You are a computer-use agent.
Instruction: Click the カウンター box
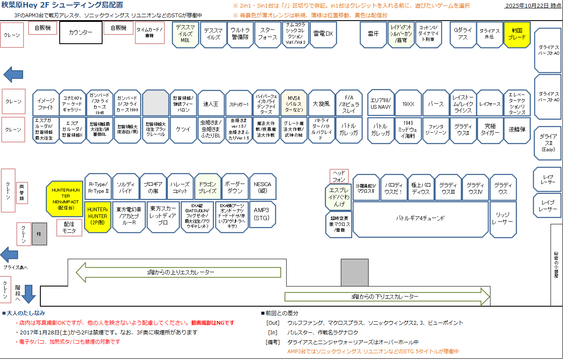click(x=81, y=33)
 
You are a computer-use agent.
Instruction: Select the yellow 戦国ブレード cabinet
click(x=517, y=34)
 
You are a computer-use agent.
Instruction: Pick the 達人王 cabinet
click(x=211, y=103)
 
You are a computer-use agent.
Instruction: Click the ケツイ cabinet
click(x=183, y=130)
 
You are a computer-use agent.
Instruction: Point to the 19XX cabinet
click(x=408, y=103)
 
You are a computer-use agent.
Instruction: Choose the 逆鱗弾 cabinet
click(x=517, y=130)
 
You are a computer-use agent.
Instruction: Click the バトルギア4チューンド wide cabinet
click(x=420, y=218)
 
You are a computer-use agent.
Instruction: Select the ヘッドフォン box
click(x=339, y=176)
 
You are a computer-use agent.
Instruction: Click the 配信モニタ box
click(x=70, y=228)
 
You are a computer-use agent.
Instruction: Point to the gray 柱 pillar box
click(x=40, y=234)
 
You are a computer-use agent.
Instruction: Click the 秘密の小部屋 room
click(x=556, y=265)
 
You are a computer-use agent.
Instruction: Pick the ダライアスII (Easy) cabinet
click(x=548, y=143)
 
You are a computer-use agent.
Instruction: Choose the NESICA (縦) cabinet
click(x=263, y=187)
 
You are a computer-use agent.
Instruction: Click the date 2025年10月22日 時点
click(x=532, y=5)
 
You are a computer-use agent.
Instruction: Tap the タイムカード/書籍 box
click(x=149, y=33)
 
